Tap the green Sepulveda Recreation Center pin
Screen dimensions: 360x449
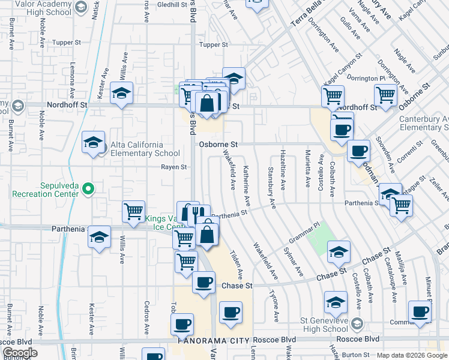(88, 190)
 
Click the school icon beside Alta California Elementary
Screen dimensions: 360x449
(93, 143)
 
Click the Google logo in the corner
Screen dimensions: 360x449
(19, 353)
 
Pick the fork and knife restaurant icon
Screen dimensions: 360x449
(199, 214)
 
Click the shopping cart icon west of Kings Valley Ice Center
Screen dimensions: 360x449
(133, 211)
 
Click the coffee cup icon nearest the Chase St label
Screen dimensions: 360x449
(203, 281)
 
